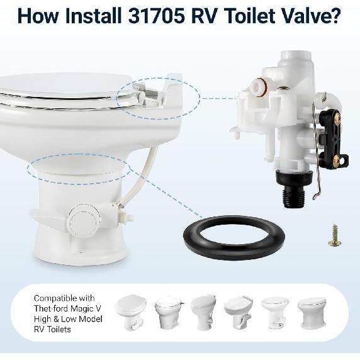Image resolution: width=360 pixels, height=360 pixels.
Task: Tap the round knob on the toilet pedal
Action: [82, 220]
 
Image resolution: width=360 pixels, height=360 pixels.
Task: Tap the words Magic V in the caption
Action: [84, 308]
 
